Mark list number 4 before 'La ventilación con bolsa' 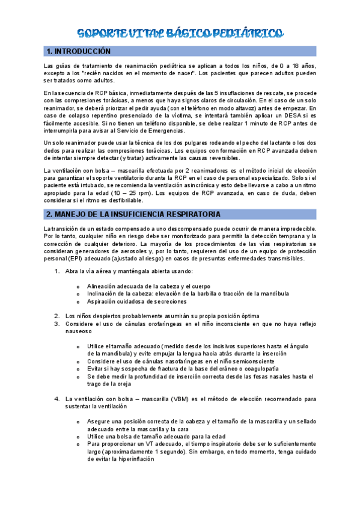(x=56, y=398)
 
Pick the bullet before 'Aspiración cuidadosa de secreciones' (x=78, y=301)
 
